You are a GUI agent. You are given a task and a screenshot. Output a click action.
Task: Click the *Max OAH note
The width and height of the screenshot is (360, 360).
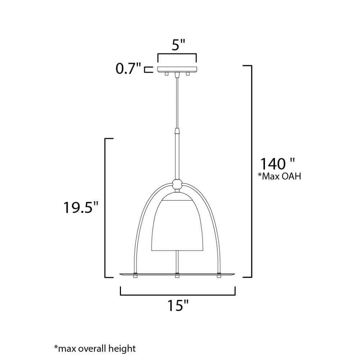click(x=279, y=176)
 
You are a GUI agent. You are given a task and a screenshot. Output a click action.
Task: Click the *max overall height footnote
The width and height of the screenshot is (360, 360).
click(x=95, y=348)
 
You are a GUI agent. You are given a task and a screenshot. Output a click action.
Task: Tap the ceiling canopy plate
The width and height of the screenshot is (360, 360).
click(x=177, y=69)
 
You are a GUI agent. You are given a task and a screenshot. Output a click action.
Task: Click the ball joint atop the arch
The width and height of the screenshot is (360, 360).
click(x=177, y=184)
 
